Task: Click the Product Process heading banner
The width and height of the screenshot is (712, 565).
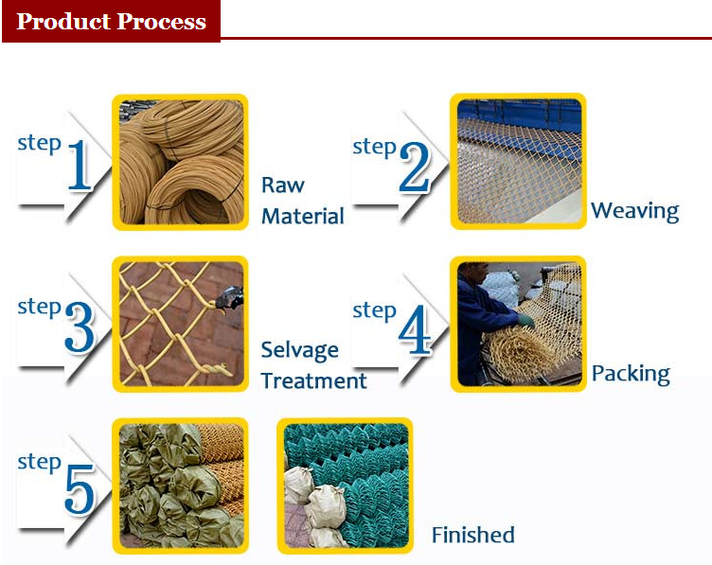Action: click(112, 22)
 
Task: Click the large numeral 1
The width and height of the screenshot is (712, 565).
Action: click(80, 166)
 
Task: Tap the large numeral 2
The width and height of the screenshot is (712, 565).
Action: click(414, 167)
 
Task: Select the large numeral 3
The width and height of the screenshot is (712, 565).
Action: click(80, 327)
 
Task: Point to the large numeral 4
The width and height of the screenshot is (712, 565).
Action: click(414, 329)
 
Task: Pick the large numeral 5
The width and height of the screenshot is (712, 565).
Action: click(80, 489)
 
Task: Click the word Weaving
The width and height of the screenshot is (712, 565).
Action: click(634, 211)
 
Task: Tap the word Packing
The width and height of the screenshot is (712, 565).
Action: click(631, 375)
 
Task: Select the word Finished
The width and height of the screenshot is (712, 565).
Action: click(472, 535)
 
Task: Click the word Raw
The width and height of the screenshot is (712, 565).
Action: click(283, 185)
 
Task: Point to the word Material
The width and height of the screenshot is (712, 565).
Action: click(303, 216)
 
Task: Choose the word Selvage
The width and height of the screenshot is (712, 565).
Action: click(300, 351)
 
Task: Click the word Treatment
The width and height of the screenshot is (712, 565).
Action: click(313, 380)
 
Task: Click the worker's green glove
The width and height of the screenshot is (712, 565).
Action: click(526, 322)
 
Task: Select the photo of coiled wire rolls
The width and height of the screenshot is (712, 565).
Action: click(180, 162)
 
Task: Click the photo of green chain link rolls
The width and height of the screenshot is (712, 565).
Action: click(345, 486)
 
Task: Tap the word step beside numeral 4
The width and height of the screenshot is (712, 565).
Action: click(374, 311)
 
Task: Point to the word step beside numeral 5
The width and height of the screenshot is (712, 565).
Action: click(40, 463)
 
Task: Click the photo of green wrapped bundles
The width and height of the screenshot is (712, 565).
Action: click(180, 486)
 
